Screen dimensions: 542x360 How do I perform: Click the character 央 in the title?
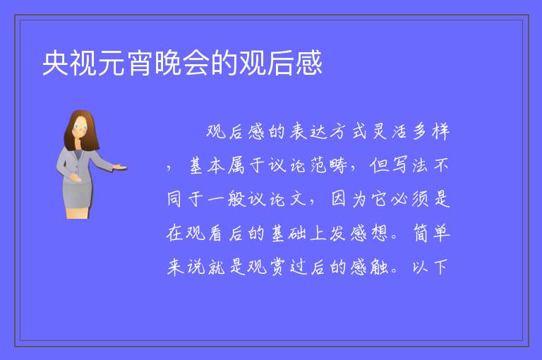pyautogui.click(x=55, y=63)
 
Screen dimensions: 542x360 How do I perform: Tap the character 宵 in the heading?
pyautogui.click(x=140, y=63)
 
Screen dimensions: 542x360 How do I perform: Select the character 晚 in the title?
pyautogui.click(x=168, y=63)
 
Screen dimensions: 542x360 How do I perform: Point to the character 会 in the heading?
pyautogui.click(x=196, y=63)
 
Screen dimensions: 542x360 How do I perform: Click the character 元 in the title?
pyautogui.click(x=112, y=63)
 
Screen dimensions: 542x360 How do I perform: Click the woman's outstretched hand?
pyautogui.click(x=119, y=167)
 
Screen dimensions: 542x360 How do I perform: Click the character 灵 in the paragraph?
pyautogui.click(x=380, y=132)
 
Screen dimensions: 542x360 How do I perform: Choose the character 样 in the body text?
pyautogui.click(x=440, y=132)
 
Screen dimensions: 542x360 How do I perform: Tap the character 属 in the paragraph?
pyautogui.click(x=236, y=165)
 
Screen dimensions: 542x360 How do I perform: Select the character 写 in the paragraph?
pyautogui.click(x=399, y=165)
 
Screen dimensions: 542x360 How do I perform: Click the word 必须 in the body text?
pyautogui.click(x=410, y=199)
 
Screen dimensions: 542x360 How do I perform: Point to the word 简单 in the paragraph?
pyautogui.click(x=431, y=233)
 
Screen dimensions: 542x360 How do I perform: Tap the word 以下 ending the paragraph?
pyautogui.click(x=430, y=267)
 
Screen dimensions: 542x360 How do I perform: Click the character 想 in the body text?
pyautogui.click(x=380, y=233)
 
